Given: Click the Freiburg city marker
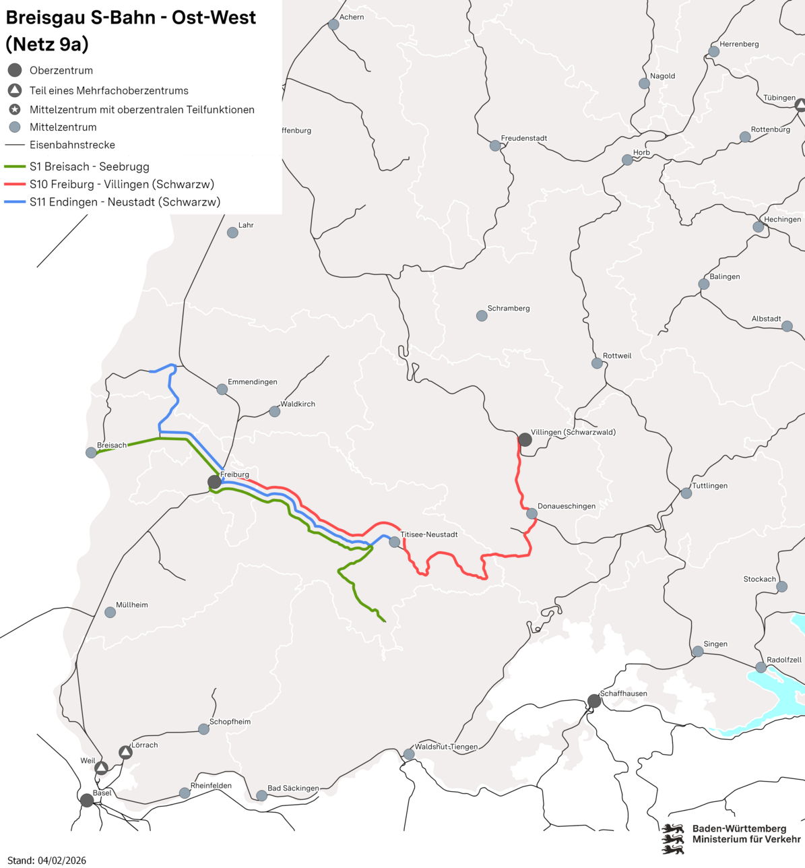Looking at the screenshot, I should coord(214,482).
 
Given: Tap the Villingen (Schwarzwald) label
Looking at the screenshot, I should coord(573,432).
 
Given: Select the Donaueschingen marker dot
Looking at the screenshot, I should coord(532,514).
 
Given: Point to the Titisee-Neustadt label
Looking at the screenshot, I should coord(428,534).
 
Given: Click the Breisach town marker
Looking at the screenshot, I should coord(91,453).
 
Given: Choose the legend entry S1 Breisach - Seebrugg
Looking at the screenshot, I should coord(89,166).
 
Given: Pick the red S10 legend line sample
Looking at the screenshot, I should coord(14,184).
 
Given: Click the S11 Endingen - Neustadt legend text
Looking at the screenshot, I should coord(125,201).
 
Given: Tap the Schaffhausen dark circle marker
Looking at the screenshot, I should coord(593,701).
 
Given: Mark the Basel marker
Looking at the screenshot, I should coord(87,801).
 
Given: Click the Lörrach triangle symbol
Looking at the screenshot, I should coord(125,752).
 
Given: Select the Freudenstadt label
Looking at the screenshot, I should coord(523,138).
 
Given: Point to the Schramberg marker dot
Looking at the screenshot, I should coord(482,315).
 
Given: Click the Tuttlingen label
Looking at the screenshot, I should coord(709,486).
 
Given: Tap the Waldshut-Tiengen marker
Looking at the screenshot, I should coord(409,754).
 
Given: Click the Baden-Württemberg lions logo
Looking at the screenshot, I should coord(672,838).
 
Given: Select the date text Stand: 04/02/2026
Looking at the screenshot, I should coord(46,860).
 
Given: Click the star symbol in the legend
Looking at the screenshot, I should coord(15,109).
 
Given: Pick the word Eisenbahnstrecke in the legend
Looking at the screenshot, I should coord(72,145).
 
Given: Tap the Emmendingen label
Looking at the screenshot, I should coord(252,382).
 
